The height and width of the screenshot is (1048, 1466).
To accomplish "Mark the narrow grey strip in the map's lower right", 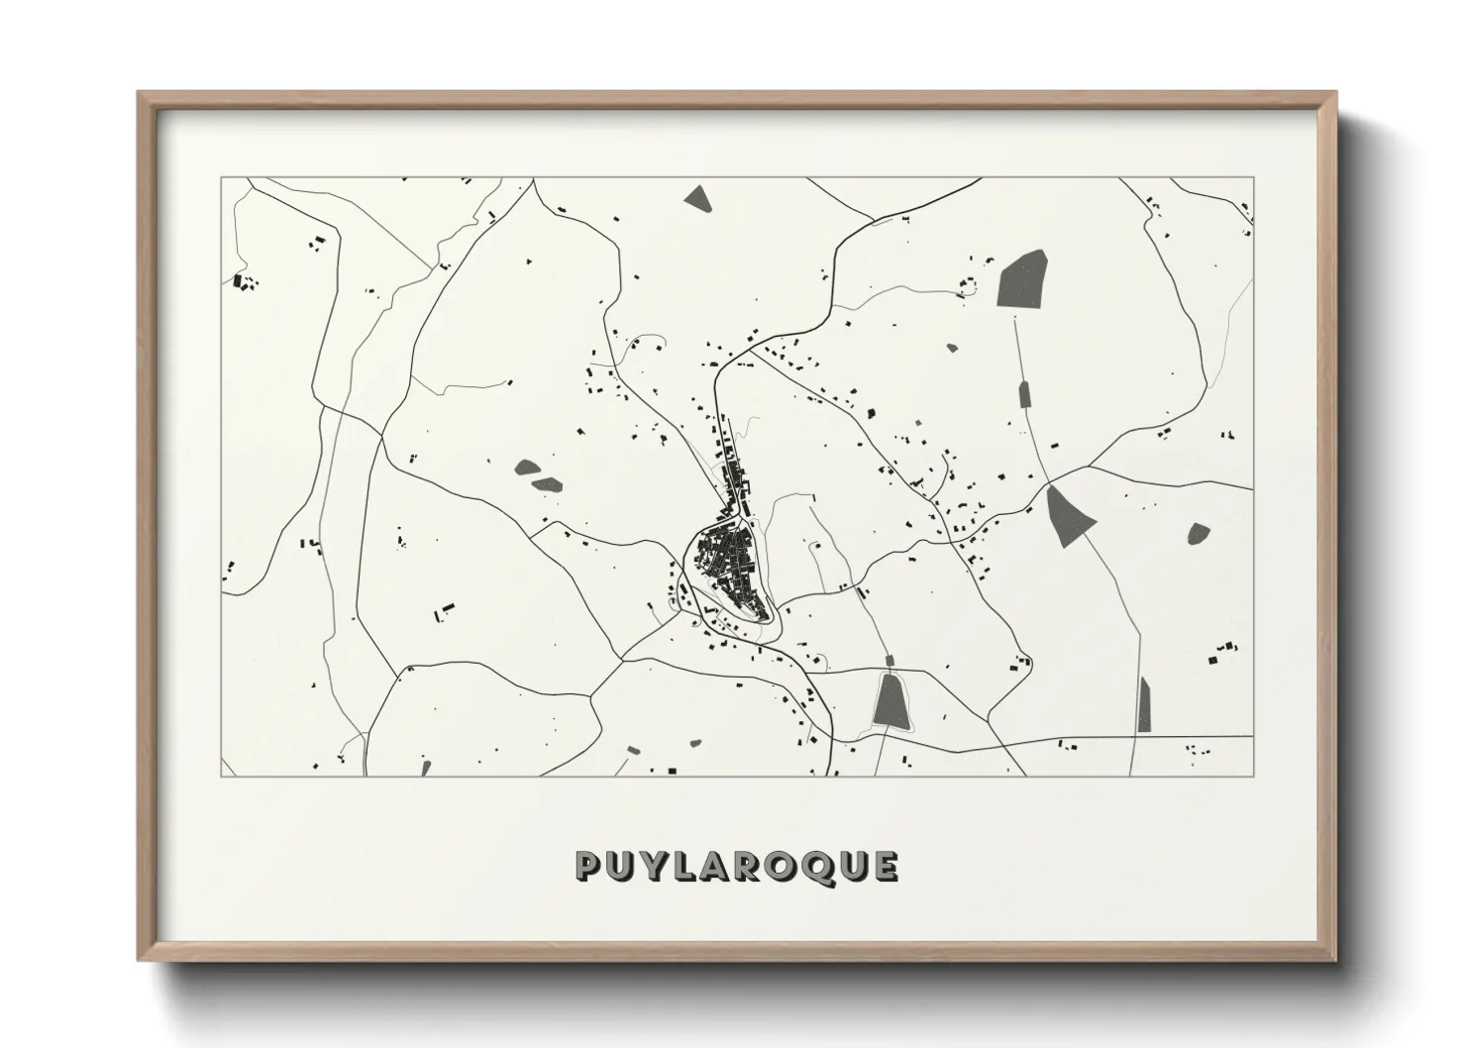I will click(x=1145, y=704).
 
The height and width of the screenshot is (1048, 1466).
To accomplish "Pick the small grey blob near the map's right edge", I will click(x=1199, y=533).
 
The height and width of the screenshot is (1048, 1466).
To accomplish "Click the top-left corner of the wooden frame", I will click(x=139, y=93).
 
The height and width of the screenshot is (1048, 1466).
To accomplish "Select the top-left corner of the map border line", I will click(x=222, y=178).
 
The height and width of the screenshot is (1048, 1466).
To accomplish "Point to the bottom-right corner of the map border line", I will click(x=1254, y=776).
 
